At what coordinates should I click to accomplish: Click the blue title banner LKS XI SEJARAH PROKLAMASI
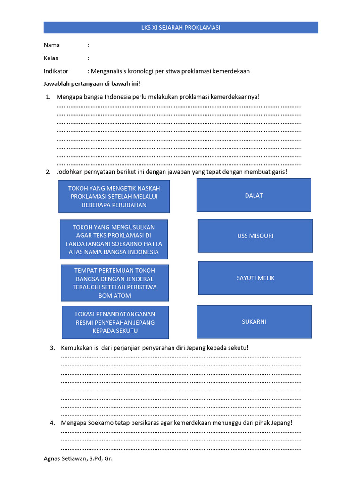coord(181,28)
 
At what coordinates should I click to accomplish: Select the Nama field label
coord(52,45)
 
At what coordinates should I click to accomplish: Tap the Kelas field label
coord(50,58)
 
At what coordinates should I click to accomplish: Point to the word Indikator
coord(56,71)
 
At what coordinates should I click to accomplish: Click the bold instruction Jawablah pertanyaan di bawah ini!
coord(92,83)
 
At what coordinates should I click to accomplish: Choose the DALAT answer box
coord(254,195)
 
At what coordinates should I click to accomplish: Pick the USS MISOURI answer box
coord(255,236)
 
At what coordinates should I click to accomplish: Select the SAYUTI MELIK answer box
coord(255,278)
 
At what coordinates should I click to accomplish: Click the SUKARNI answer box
coord(254,322)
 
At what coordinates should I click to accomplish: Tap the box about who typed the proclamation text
coord(114,196)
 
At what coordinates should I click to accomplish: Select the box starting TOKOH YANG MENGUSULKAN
coord(114,239)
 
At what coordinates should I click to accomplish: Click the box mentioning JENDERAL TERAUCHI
coord(115,283)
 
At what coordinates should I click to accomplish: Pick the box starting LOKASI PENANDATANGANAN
coord(115,322)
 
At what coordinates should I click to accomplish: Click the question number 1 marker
coord(48,97)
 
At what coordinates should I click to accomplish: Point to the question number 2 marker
coord(48,172)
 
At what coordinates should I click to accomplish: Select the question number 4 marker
coord(52,423)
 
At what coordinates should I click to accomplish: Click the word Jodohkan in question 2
coord(70,172)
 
